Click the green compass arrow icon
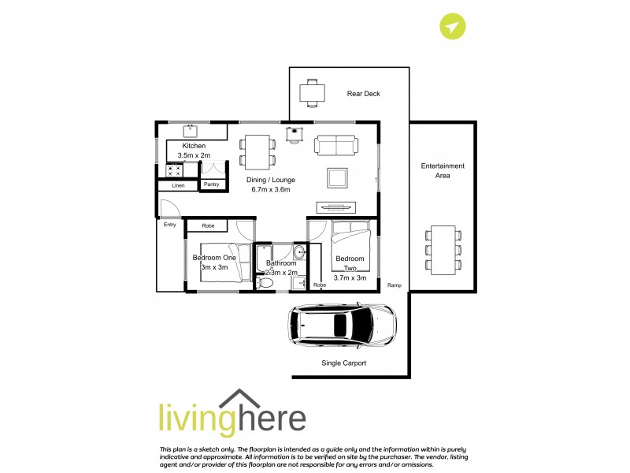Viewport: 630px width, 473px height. click(452, 27)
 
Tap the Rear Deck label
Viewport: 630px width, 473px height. click(363, 94)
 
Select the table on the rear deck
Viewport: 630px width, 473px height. click(313, 92)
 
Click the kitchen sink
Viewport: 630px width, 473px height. click(190, 130)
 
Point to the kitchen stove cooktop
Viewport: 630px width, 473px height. click(173, 169)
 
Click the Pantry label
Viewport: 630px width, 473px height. click(211, 184)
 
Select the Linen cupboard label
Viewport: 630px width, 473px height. click(178, 185)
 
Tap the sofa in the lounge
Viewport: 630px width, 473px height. click(335, 145)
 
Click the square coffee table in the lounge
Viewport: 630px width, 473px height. click(338, 177)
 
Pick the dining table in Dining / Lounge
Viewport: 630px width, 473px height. click(258, 150)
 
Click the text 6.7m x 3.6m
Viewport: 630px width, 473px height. click(271, 189)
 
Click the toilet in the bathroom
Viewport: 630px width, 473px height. click(266, 282)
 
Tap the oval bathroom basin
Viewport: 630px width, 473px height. click(300, 253)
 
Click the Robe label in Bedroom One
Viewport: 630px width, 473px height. click(208, 226)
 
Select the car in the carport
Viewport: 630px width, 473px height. click(343, 326)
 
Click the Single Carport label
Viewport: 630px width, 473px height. click(344, 363)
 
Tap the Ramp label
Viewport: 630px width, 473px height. click(394, 285)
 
